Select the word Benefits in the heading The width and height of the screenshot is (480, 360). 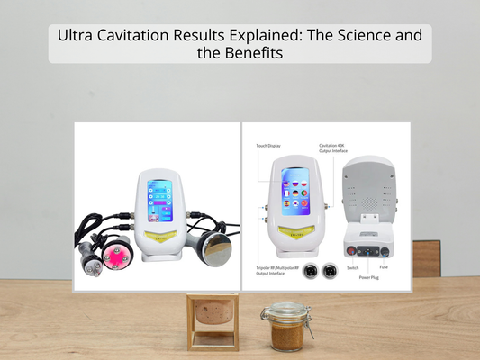coord(258,54)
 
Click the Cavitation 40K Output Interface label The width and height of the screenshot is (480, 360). coord(334,148)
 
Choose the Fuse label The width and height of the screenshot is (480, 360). coord(383,267)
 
